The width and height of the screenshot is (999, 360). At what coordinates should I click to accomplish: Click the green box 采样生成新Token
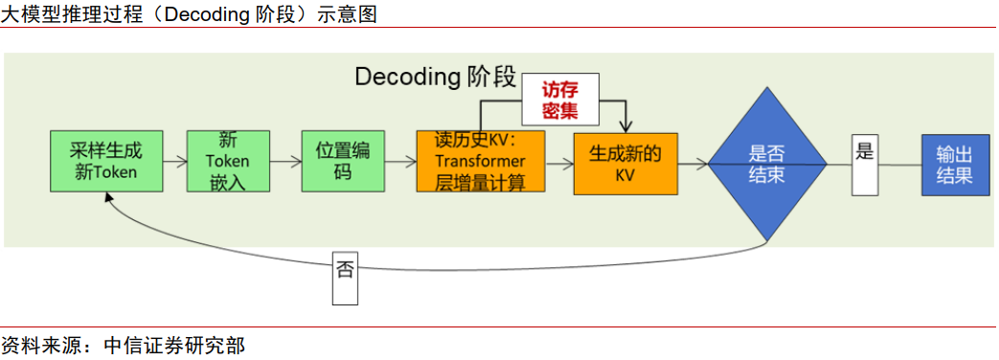click(106, 162)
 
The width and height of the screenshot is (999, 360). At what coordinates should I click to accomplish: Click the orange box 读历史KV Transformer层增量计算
click(481, 162)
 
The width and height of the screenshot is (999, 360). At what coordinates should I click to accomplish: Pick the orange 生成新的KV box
click(625, 163)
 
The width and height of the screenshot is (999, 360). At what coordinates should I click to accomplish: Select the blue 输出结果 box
click(954, 163)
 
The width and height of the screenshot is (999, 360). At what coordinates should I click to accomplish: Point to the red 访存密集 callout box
click(560, 101)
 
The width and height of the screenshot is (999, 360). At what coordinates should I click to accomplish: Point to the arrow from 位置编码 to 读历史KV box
click(399, 162)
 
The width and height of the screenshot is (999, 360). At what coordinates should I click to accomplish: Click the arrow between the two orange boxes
click(559, 163)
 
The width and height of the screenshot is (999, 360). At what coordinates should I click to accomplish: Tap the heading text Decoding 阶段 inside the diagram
click(436, 77)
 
